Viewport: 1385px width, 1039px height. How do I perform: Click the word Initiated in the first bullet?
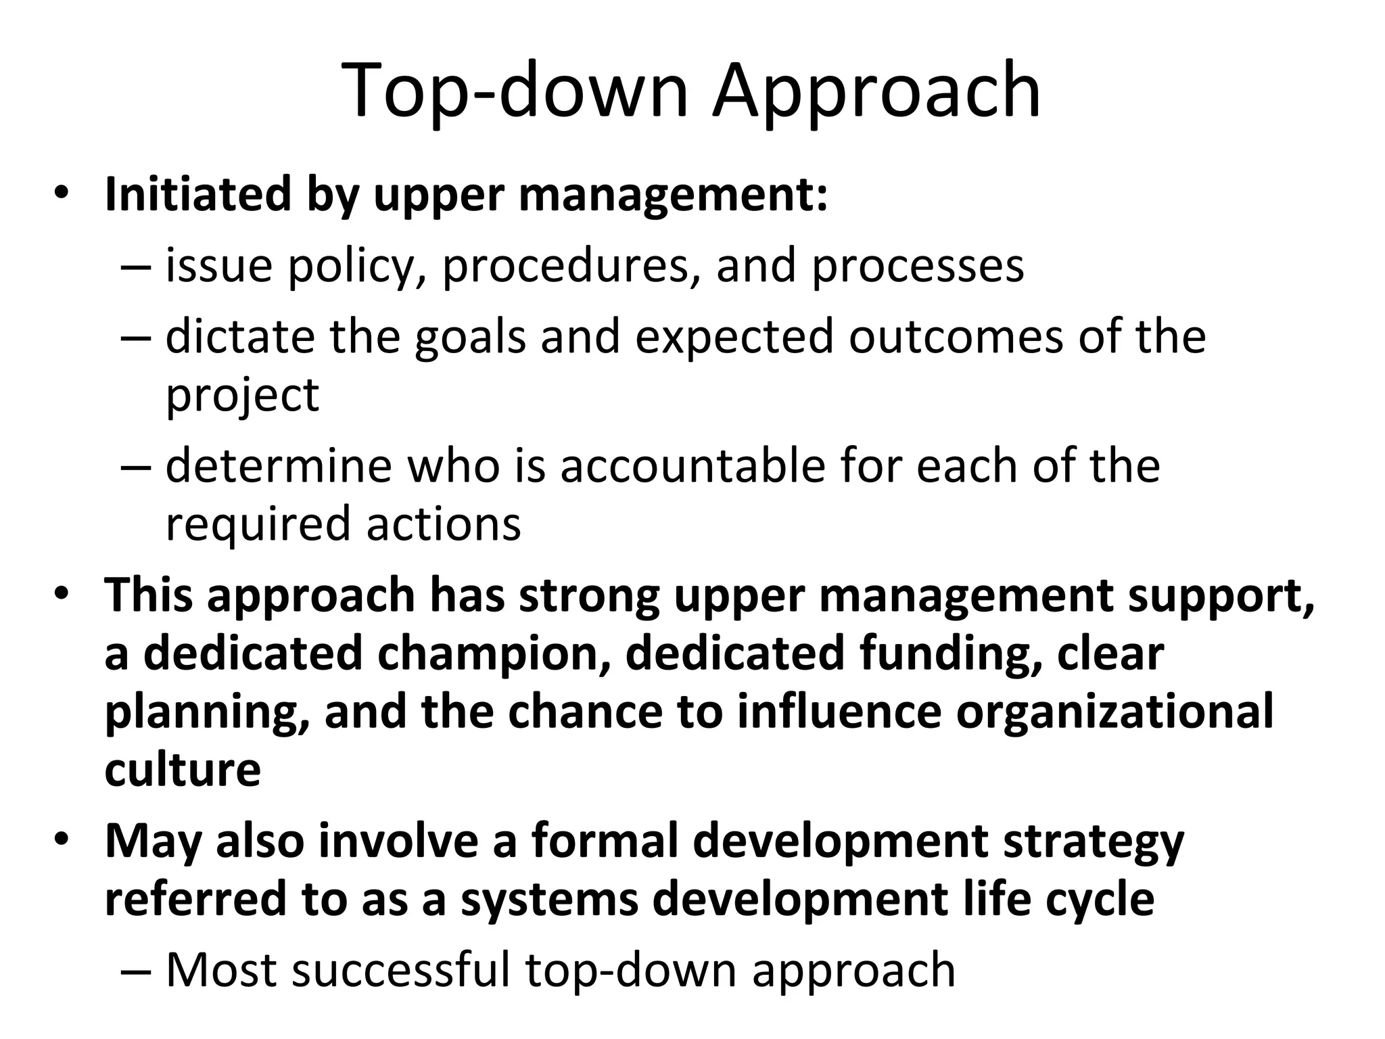coord(198,195)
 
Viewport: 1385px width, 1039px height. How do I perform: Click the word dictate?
coord(240,336)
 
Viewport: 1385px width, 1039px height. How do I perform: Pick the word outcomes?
coord(956,336)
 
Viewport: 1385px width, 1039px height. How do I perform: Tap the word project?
coord(242,396)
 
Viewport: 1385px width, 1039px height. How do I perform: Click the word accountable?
coord(693,466)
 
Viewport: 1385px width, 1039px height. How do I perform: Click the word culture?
coord(183,770)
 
